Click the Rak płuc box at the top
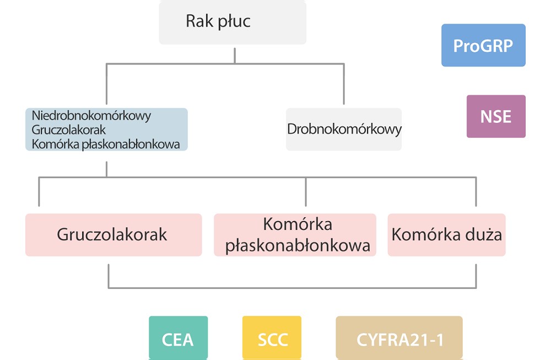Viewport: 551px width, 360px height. pos(232,22)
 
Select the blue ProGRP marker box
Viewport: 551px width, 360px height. pos(483,45)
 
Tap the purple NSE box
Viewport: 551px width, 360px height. pos(496,116)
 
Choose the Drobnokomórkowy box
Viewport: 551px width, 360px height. pos(344,130)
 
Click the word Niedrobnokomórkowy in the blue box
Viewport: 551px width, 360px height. pos(91,116)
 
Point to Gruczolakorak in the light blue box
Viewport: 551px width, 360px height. pos(69,130)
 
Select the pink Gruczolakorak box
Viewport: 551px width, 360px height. pos(113,235)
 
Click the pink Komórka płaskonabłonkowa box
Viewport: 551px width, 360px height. pos(295,235)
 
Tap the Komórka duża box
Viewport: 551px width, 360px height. pos(446,235)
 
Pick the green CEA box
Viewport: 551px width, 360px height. pos(178,338)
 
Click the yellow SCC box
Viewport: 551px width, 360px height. pos(272,338)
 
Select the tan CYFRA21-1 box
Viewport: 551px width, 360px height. pos(399,338)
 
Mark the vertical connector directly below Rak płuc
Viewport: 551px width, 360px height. pos(235,55)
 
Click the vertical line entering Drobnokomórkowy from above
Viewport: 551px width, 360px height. pos(344,85)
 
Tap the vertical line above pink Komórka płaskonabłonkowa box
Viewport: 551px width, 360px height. pos(306,192)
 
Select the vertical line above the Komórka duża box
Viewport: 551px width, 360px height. pos(476,192)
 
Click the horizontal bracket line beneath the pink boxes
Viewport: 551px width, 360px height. pos(292,288)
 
